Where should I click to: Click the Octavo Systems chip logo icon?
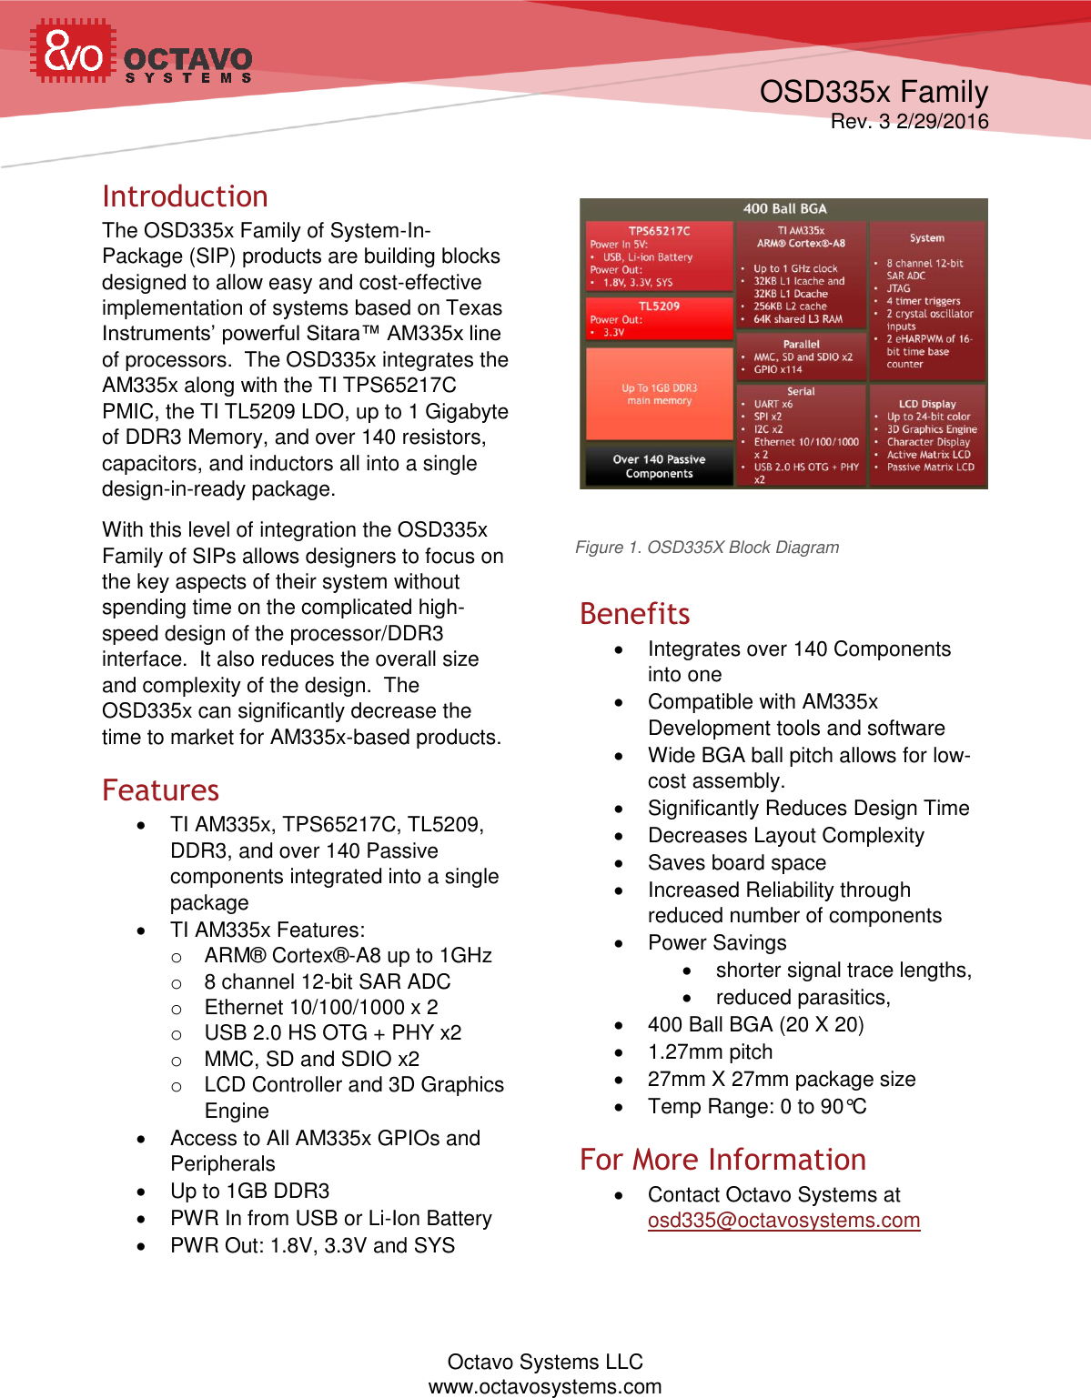click(x=73, y=52)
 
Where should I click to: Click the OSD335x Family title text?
click(x=874, y=92)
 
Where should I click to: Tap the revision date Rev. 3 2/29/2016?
click(x=909, y=122)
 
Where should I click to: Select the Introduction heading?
click(x=185, y=196)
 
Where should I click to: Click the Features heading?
click(x=160, y=790)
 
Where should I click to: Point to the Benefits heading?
click(x=634, y=614)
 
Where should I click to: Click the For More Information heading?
click(x=722, y=1160)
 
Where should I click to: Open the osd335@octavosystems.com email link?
click(x=783, y=1221)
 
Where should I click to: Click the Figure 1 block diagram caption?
click(x=707, y=548)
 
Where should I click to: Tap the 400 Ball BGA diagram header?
click(x=784, y=209)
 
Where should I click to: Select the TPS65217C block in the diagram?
click(x=659, y=256)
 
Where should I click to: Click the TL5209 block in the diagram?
click(x=659, y=318)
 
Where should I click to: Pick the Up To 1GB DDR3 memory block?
click(x=659, y=394)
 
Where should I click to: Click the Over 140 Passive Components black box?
click(x=659, y=466)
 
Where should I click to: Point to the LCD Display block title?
click(x=927, y=404)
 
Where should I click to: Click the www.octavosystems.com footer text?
click(x=545, y=1386)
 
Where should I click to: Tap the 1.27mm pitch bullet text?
click(x=710, y=1052)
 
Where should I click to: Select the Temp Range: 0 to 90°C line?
click(x=757, y=1107)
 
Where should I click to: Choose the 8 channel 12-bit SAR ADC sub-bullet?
click(x=327, y=982)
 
